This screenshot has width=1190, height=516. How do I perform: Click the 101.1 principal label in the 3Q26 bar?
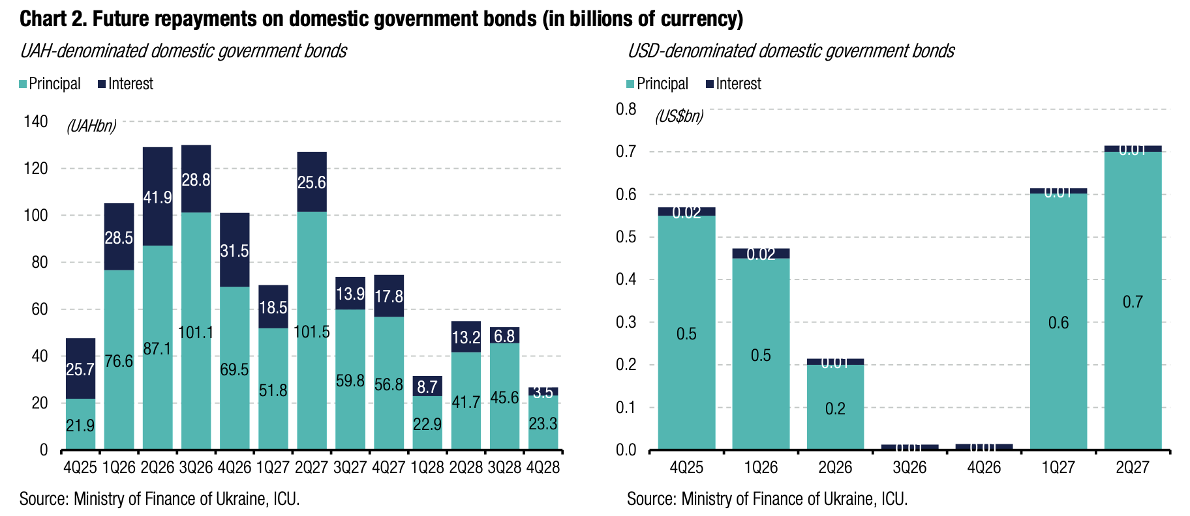(x=196, y=332)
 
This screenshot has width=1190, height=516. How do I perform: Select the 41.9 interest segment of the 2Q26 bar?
(x=157, y=197)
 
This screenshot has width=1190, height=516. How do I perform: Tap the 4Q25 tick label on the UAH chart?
(x=80, y=467)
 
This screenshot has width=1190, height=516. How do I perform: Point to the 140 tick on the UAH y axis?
(x=36, y=121)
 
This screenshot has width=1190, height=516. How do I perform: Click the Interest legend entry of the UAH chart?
(x=125, y=84)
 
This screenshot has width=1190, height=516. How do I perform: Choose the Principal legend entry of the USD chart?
(x=657, y=84)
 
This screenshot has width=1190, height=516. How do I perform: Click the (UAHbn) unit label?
(x=91, y=126)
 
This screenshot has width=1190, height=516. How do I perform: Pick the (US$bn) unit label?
(x=679, y=117)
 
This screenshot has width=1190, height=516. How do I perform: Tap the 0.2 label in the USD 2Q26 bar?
(x=835, y=408)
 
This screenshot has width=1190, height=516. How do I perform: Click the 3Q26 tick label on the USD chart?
(x=909, y=467)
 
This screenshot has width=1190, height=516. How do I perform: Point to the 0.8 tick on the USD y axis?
(x=626, y=109)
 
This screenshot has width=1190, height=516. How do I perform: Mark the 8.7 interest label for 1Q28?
(x=427, y=387)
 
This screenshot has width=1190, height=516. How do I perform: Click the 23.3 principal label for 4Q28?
(x=543, y=424)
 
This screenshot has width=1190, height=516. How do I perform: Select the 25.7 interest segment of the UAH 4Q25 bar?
(x=80, y=369)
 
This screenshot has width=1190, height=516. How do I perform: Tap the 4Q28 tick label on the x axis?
(x=543, y=467)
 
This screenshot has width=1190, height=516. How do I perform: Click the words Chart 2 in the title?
(x=52, y=19)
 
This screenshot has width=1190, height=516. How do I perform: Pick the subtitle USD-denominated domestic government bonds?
(x=791, y=51)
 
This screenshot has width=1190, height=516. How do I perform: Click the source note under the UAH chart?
(x=160, y=499)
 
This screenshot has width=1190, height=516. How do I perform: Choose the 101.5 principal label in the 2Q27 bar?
(x=312, y=332)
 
